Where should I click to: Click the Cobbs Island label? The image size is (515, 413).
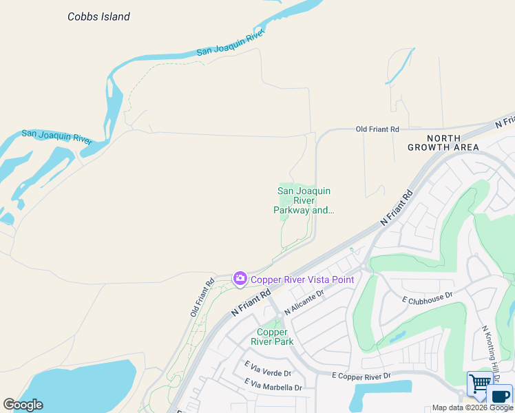[98, 17]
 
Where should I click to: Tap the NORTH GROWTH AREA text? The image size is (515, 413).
[443, 142]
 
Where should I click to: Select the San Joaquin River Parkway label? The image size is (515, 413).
[304, 200]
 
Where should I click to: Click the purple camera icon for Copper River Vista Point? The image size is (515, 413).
[240, 279]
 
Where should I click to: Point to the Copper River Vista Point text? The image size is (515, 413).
[302, 279]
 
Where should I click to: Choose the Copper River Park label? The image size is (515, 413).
[275, 337]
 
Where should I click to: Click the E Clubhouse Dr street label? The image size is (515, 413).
[427, 297]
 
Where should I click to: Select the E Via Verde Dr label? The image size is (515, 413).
[268, 373]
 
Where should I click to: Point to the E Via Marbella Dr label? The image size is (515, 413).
[273, 387]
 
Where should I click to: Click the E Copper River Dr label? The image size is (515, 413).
[361, 376]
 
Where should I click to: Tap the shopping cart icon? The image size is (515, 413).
[479, 383]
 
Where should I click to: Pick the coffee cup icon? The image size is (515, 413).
[501, 396]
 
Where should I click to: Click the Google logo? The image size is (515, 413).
[23, 405]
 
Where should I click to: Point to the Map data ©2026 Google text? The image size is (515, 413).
[472, 408]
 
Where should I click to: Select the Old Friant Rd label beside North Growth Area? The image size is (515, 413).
[377, 129]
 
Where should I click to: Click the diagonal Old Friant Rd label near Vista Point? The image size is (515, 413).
[202, 297]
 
